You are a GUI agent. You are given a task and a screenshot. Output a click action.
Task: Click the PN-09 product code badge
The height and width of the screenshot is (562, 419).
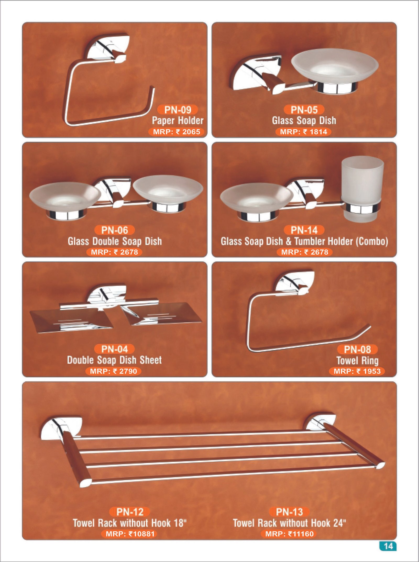tap(178, 110)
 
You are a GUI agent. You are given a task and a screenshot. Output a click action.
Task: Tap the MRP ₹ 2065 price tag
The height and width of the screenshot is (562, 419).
tap(176, 132)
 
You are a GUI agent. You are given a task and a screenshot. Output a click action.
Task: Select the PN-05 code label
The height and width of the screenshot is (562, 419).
tap(304, 110)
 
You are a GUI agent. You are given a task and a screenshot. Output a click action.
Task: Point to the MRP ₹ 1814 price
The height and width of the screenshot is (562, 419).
tap(304, 132)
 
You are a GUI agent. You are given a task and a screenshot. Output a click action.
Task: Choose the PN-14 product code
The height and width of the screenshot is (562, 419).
tap(304, 230)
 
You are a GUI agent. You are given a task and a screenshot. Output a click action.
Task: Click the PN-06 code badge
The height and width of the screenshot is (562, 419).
tap(114, 230)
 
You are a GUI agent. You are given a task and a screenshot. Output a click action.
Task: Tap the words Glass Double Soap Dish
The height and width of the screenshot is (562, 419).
tap(115, 241)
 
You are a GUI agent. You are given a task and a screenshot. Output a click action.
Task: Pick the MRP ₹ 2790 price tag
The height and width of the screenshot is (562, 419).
tap(113, 371)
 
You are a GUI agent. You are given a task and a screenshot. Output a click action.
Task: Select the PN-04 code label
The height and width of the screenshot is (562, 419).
tap(114, 349)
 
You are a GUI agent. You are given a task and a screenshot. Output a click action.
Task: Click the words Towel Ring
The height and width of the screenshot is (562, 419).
tap(357, 361)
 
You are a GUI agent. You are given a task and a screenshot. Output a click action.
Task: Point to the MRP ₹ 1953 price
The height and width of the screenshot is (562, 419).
tap(357, 371)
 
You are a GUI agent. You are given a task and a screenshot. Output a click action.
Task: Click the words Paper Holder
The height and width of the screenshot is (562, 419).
tap(178, 121)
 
